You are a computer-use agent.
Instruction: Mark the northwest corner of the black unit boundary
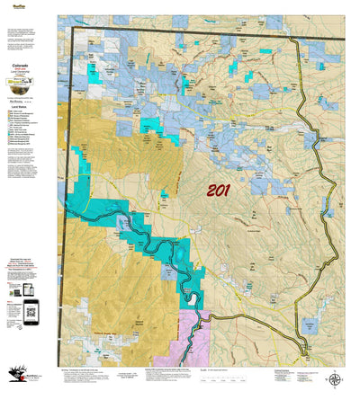74,29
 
